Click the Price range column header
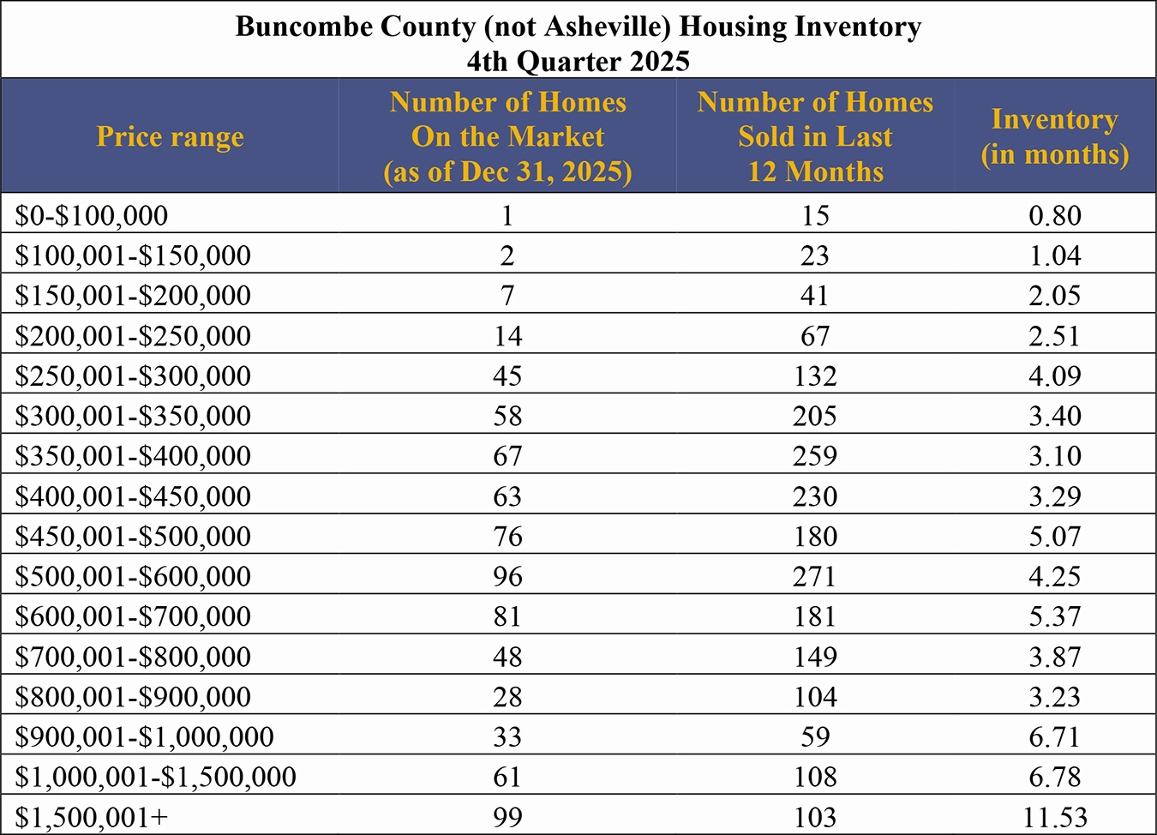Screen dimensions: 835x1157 170,137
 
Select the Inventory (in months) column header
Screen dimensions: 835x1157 1054,137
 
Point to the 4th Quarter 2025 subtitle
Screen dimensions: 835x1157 578,62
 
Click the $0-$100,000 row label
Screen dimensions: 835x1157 92,215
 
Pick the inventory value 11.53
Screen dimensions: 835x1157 1054,817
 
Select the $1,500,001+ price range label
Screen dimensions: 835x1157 92,817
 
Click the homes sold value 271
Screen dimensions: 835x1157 814,576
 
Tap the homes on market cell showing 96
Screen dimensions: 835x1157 507,576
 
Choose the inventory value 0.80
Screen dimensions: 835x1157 1054,215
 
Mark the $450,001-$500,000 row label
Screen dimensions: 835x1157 133,536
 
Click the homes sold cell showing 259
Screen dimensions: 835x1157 814,456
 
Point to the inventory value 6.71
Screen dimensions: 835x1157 1054,736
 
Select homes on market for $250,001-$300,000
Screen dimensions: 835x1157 507,375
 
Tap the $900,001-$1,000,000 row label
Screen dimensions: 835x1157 144,736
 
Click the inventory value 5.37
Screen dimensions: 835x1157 1054,616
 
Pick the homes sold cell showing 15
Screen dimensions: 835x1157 814,215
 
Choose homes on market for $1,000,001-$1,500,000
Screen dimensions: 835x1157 507,777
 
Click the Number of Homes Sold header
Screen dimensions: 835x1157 814,137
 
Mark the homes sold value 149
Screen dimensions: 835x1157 814,657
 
